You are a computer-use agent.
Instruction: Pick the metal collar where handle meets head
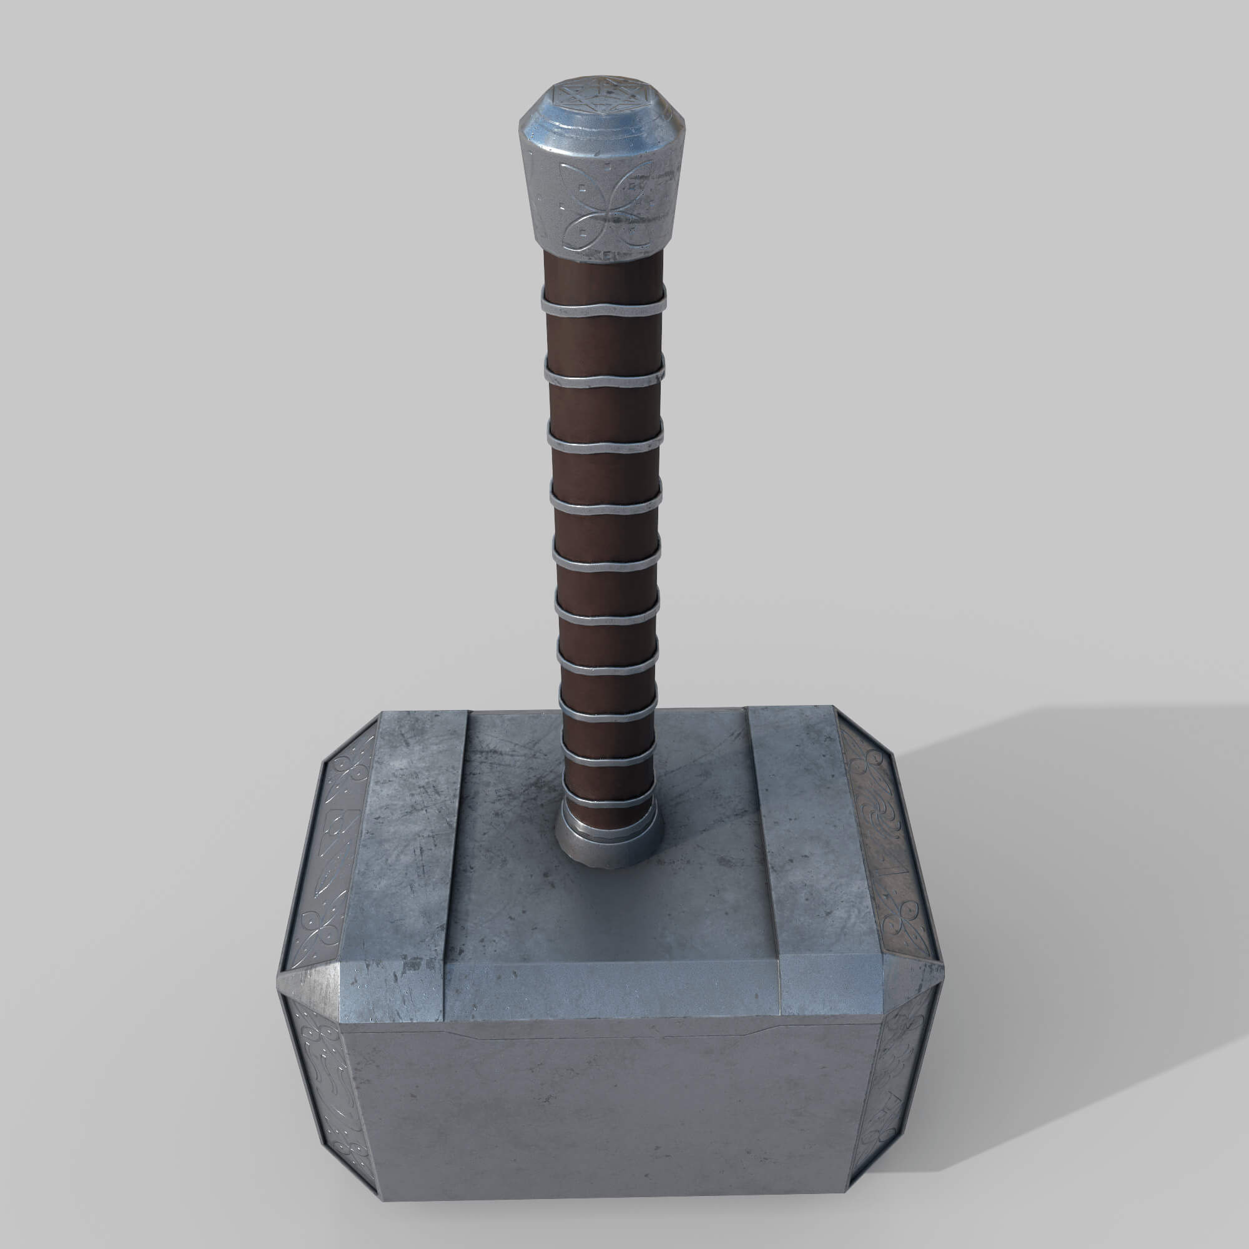pos(609,841)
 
